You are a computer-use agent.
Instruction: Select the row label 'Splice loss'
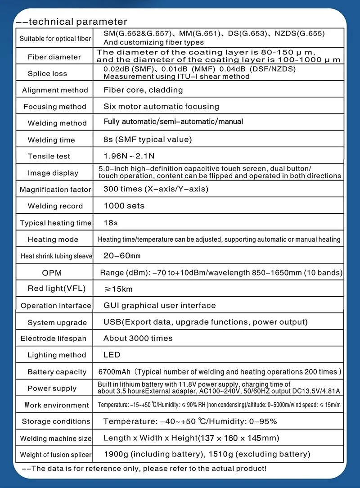[x=47, y=73]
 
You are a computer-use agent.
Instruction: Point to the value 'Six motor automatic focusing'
[x=161, y=107]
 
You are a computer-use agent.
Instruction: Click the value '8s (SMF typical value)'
[x=148, y=140]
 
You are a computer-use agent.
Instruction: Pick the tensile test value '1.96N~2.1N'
[x=129, y=156]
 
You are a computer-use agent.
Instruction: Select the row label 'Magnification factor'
[x=55, y=190]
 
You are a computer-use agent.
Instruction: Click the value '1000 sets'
[x=124, y=206]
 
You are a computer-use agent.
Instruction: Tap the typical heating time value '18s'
[x=110, y=222]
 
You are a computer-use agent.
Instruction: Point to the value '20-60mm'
[x=122, y=256]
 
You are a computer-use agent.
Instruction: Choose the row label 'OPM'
[x=52, y=273]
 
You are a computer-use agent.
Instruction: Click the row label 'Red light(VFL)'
[x=57, y=289]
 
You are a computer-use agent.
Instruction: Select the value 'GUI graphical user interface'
[x=160, y=305]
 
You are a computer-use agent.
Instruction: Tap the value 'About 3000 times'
[x=138, y=338]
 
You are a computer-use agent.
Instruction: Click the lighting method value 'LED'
[x=112, y=355]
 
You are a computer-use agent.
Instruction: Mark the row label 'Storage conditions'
[x=56, y=421]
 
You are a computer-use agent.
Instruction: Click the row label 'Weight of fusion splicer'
[x=56, y=455]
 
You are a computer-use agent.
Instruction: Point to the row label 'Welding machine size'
[x=56, y=438]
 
